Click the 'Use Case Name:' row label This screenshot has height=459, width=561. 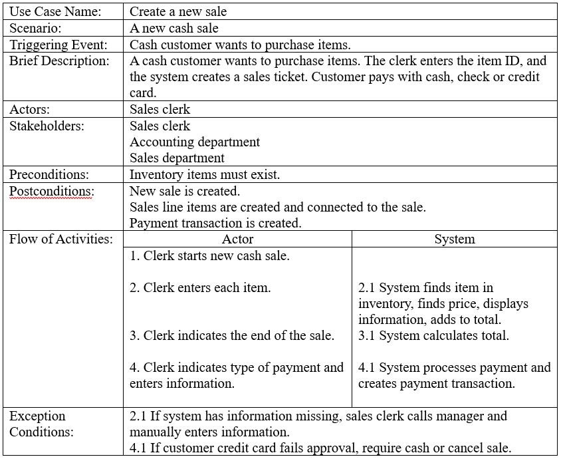55,12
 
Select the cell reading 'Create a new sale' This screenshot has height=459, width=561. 178,12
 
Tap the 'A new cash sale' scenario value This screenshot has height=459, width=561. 174,29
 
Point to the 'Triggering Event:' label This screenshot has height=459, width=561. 58,45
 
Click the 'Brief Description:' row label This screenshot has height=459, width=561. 59,61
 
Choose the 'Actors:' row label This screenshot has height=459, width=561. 30,110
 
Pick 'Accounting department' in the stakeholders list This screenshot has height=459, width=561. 195,142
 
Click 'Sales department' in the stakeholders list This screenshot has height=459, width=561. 177,158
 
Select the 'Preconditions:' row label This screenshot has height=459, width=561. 49,175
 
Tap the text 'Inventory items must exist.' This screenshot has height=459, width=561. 205,175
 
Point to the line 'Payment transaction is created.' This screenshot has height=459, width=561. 215,223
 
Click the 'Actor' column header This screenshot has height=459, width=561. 237,239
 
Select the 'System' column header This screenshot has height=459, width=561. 455,239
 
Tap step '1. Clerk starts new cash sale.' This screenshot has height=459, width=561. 209,256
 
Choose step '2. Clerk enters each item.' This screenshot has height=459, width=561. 200,288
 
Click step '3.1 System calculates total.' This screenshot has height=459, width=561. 433,336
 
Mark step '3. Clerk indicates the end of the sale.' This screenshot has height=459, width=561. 232,336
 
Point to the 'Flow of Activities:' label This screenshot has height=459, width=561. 61,239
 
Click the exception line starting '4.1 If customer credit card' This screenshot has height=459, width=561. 320,448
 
